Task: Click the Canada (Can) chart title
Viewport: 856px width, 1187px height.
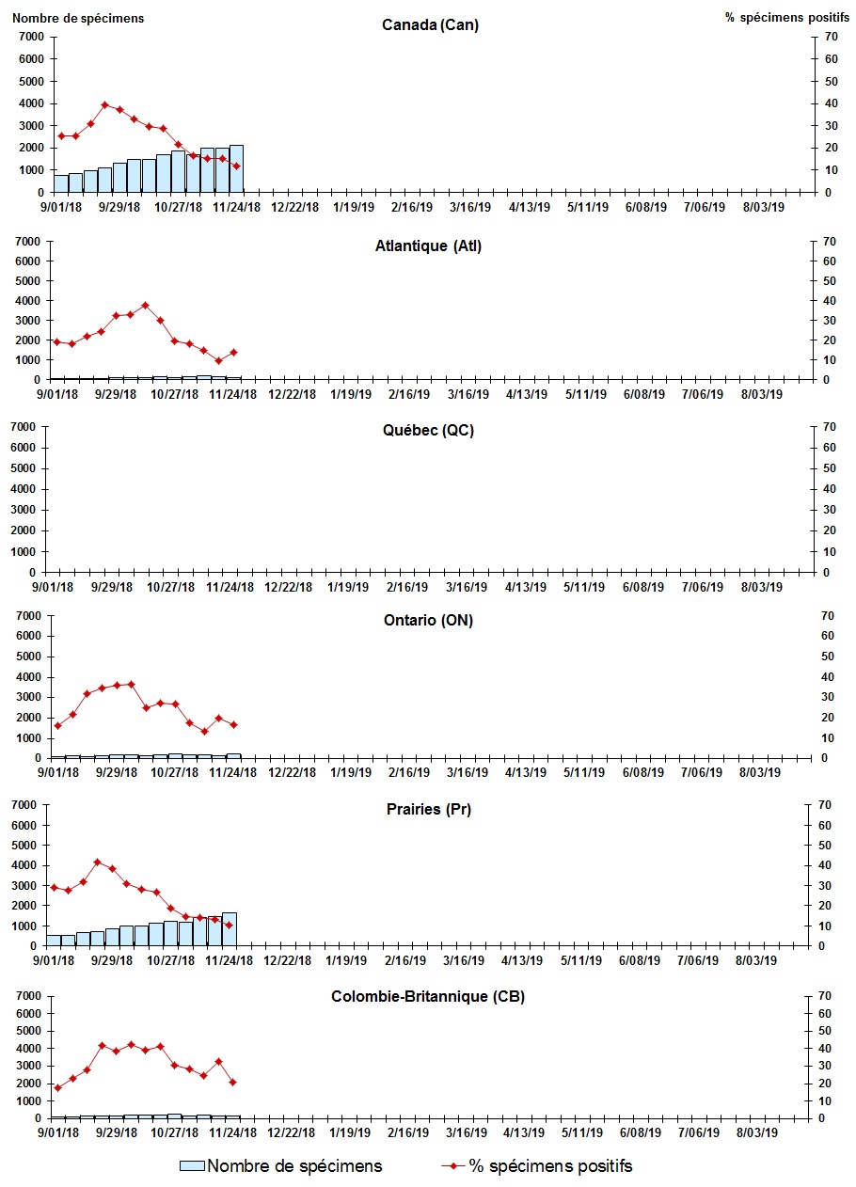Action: click(430, 25)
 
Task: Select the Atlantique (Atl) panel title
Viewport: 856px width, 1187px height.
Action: click(427, 246)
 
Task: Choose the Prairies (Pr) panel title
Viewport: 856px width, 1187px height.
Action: click(427, 809)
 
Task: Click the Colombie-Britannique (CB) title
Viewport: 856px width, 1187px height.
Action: click(428, 996)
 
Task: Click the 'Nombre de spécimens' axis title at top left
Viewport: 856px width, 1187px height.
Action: click(78, 18)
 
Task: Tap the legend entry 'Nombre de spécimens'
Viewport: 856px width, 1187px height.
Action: click(281, 1166)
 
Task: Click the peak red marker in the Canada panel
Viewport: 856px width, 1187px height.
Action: click(105, 104)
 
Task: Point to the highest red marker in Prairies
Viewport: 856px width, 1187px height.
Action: click(97, 862)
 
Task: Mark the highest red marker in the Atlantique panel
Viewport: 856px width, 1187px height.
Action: click(145, 305)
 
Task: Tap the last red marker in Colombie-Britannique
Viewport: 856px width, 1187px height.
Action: click(232, 1082)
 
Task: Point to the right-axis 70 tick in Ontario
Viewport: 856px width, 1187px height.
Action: click(829, 615)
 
